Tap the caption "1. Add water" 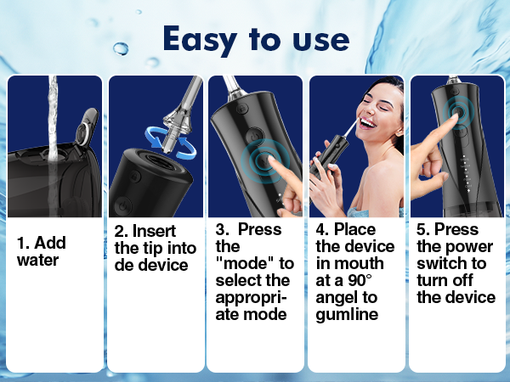click(41, 251)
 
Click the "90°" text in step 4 click(365, 280)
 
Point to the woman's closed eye click(371, 98)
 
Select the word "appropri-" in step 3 click(252, 297)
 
